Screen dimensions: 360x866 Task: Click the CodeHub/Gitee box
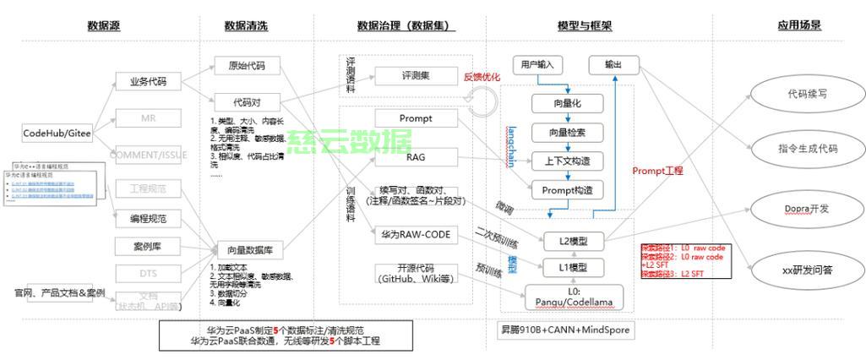tap(57, 134)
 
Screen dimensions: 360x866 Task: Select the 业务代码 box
tap(147, 82)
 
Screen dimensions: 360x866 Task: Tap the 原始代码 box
tap(246, 65)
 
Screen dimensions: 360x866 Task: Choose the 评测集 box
tap(416, 75)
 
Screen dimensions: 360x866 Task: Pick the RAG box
tap(416, 157)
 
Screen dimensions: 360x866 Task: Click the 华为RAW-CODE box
tap(416, 234)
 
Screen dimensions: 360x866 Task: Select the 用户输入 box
tap(537, 64)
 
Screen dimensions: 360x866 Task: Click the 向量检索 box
tap(567, 132)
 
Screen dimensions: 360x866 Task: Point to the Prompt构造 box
tap(567, 189)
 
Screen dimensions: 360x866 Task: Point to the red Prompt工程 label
tap(657, 171)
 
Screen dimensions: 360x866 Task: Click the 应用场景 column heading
tap(798, 25)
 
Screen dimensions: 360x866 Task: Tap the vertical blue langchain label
tap(512, 145)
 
